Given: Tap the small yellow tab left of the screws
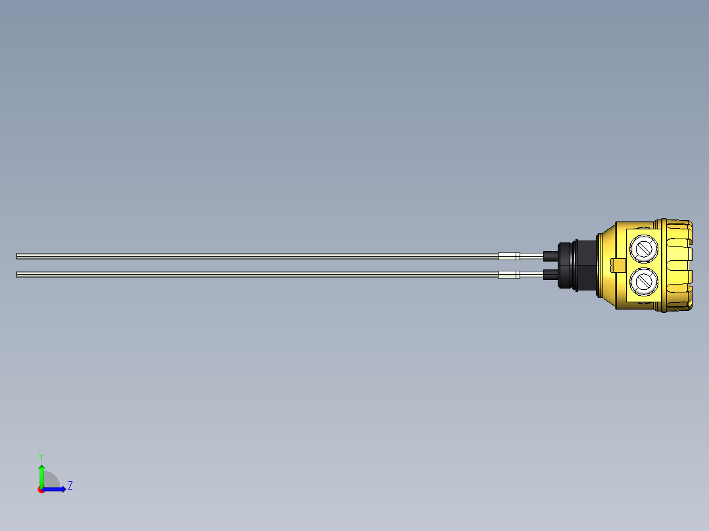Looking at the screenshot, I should (x=618, y=265).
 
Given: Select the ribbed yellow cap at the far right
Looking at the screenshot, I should (x=677, y=265).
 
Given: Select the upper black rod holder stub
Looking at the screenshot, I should (x=550, y=256).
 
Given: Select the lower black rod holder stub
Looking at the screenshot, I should (x=550, y=275).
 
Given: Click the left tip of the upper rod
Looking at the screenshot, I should (x=18, y=256).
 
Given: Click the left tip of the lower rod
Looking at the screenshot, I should (x=18, y=275).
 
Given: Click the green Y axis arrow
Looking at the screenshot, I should (x=41, y=474).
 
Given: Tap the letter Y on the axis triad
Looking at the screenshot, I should (x=41, y=456).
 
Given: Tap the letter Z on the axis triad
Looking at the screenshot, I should (x=70, y=486).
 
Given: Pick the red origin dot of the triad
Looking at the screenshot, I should (x=41, y=490).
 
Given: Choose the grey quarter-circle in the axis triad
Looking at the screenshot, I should (x=51, y=482).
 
